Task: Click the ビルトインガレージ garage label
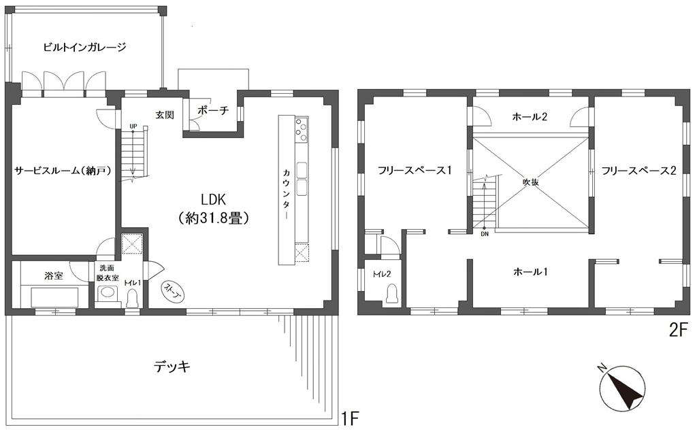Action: click(x=85, y=47)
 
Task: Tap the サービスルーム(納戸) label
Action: click(x=62, y=171)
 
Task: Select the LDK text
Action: click(x=214, y=199)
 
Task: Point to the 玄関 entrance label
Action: click(x=165, y=115)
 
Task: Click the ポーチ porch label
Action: click(x=212, y=110)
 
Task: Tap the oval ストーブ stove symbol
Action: click(x=173, y=291)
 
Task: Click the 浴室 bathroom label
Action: click(x=53, y=275)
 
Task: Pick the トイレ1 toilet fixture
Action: click(x=133, y=299)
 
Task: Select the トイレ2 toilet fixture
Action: click(x=391, y=294)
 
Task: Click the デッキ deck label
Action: click(x=172, y=367)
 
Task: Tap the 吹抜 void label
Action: click(x=530, y=182)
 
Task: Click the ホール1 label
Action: click(x=530, y=271)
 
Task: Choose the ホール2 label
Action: click(x=530, y=117)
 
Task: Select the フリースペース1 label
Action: click(x=415, y=170)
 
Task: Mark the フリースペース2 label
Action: click(x=638, y=170)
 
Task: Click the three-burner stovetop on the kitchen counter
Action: click(x=302, y=129)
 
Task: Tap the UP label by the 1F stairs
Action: click(x=133, y=126)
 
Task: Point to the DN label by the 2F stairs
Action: click(x=484, y=234)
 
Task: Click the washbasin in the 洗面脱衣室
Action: click(x=107, y=293)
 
